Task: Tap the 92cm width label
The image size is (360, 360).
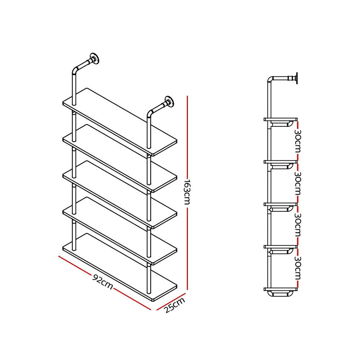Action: coord(102,282)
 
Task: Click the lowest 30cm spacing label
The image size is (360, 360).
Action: coord(298,268)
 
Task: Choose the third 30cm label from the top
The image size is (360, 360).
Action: coord(298,225)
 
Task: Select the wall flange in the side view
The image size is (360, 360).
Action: coord(296,78)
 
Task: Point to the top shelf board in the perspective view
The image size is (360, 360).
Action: coord(120,121)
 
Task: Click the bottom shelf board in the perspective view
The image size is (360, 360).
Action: coord(120,267)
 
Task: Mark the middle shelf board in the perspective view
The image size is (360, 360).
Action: coord(120,194)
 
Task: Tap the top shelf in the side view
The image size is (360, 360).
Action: coord(281,119)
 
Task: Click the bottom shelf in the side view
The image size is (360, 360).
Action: coord(281,289)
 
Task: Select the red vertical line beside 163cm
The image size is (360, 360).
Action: coord(188,144)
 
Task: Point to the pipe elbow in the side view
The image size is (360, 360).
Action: coord(271,80)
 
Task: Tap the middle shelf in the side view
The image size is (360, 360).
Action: coord(281,204)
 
